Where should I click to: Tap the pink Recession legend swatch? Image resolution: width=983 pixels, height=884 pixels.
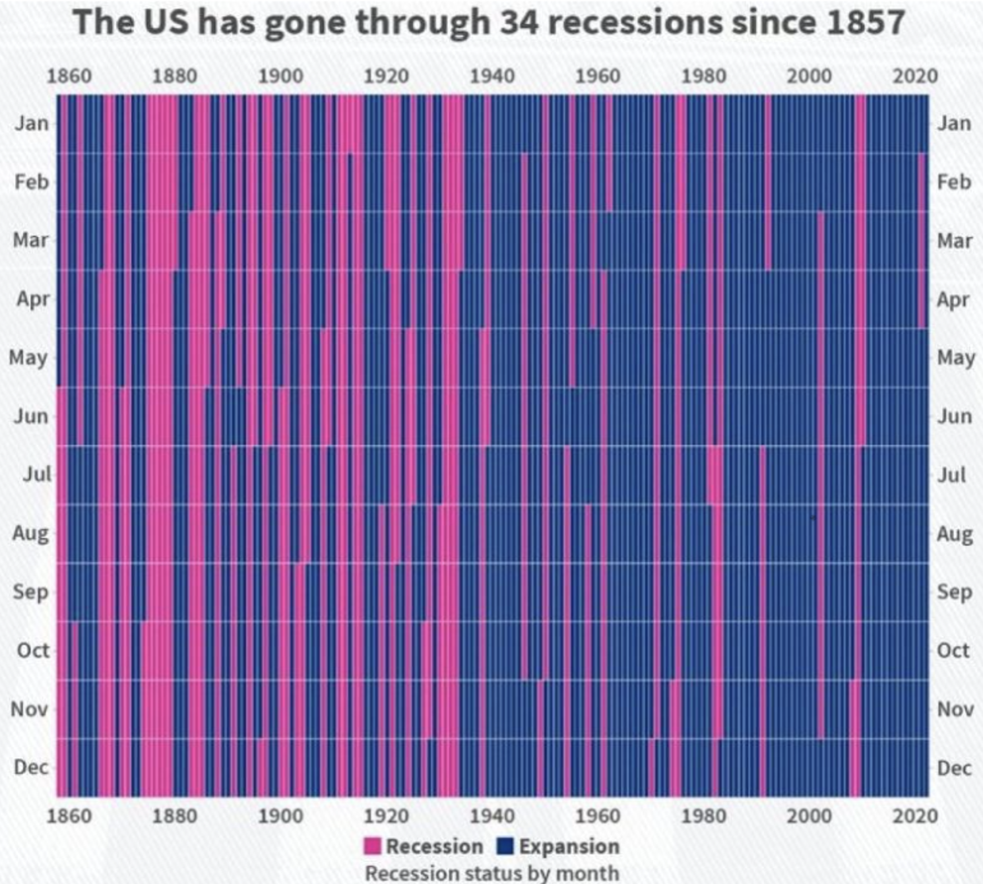[x=373, y=846]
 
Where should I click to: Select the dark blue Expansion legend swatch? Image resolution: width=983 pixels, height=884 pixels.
[x=505, y=846]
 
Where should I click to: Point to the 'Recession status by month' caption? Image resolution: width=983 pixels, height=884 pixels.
[x=491, y=873]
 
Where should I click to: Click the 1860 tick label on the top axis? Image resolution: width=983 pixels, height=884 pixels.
[x=69, y=76]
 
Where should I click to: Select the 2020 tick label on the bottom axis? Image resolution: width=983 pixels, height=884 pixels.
[x=915, y=816]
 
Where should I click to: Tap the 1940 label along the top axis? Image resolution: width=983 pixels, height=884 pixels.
[x=491, y=76]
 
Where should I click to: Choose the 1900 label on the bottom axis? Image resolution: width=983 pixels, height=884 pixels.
[x=280, y=816]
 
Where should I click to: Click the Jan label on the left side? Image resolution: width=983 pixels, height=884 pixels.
[x=32, y=123]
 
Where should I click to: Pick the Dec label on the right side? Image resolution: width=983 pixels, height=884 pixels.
[x=954, y=768]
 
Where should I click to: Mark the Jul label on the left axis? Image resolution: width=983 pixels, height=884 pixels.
[x=37, y=474]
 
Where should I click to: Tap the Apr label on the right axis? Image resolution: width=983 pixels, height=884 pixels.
[x=953, y=300]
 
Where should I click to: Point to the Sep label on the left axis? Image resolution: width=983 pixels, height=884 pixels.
[x=30, y=592]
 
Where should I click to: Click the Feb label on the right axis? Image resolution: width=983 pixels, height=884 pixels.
[x=954, y=181]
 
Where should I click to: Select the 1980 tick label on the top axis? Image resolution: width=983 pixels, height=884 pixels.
[x=703, y=76]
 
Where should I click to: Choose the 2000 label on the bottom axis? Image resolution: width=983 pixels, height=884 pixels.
[x=809, y=816]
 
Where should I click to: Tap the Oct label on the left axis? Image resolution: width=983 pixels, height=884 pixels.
[x=33, y=650]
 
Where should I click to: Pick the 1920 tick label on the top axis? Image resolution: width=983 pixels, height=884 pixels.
[x=386, y=76]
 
